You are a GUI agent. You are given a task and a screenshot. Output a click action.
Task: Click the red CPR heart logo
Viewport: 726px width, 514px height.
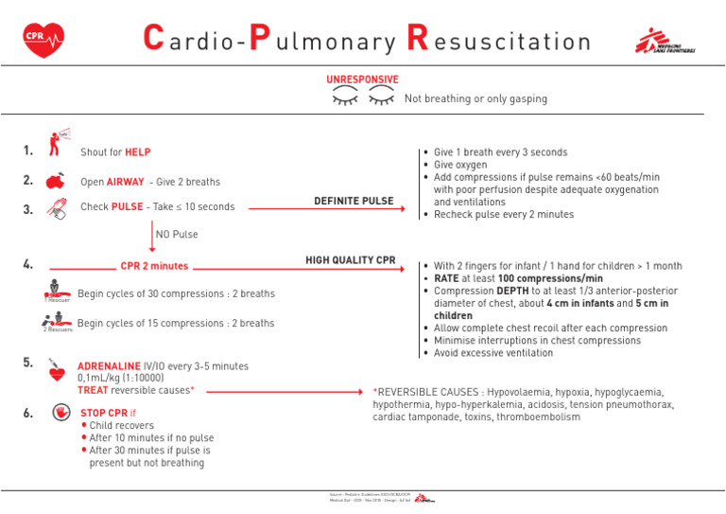[43, 40]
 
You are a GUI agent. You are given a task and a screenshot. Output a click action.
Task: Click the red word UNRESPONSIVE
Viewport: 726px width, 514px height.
[362, 80]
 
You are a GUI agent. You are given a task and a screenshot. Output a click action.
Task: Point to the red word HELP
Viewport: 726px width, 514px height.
[138, 151]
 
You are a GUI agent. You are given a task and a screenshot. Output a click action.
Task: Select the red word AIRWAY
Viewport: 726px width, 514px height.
[125, 182]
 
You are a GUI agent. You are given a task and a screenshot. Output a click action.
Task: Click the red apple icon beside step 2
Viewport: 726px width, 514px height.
[56, 181]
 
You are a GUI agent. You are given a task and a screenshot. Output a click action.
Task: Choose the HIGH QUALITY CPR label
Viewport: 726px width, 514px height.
[350, 260]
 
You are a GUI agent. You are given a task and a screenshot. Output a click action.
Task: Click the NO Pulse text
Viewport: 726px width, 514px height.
[177, 234]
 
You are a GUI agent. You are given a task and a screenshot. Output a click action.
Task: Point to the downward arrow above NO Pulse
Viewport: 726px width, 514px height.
[152, 234]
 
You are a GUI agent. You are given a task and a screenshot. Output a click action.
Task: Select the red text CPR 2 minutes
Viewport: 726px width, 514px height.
[154, 266]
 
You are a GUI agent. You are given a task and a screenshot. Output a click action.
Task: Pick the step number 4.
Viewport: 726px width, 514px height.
[28, 265]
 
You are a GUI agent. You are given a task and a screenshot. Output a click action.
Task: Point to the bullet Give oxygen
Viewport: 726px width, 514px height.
[460, 165]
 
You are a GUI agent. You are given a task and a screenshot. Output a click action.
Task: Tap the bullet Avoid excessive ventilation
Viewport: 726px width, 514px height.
[493, 353]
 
